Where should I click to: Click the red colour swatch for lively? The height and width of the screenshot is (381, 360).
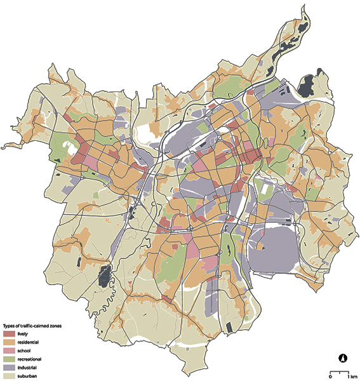coord(10,333)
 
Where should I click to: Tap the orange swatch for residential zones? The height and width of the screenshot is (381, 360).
coord(10,342)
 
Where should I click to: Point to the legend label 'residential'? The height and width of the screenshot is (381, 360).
coord(29,342)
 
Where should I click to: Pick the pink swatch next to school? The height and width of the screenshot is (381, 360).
coord(10,351)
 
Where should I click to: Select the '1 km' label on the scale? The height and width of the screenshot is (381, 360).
coord(348,376)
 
